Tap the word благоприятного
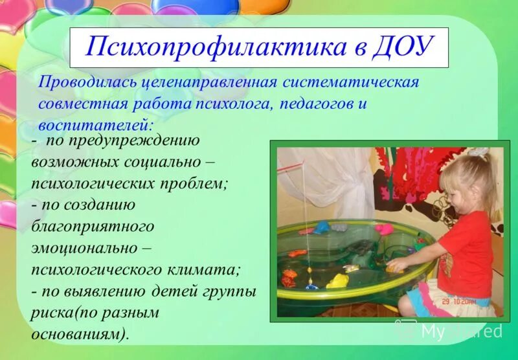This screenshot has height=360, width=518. tap(93, 226)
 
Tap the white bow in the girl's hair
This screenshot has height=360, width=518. tap(479, 153)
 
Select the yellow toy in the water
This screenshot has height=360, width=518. tap(337, 281)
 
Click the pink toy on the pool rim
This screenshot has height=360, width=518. tap(383, 229)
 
